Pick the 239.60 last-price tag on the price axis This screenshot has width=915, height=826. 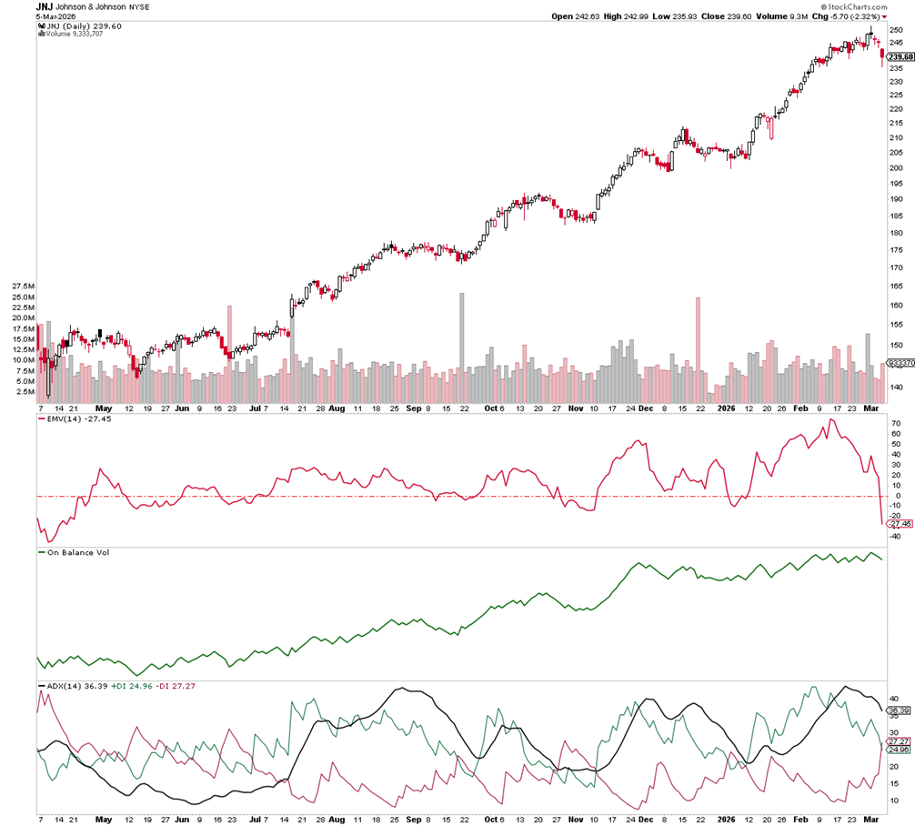pos(900,56)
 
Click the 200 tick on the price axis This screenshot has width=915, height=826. pos(897,168)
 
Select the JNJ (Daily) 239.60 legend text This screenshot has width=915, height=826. pos(83,26)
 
